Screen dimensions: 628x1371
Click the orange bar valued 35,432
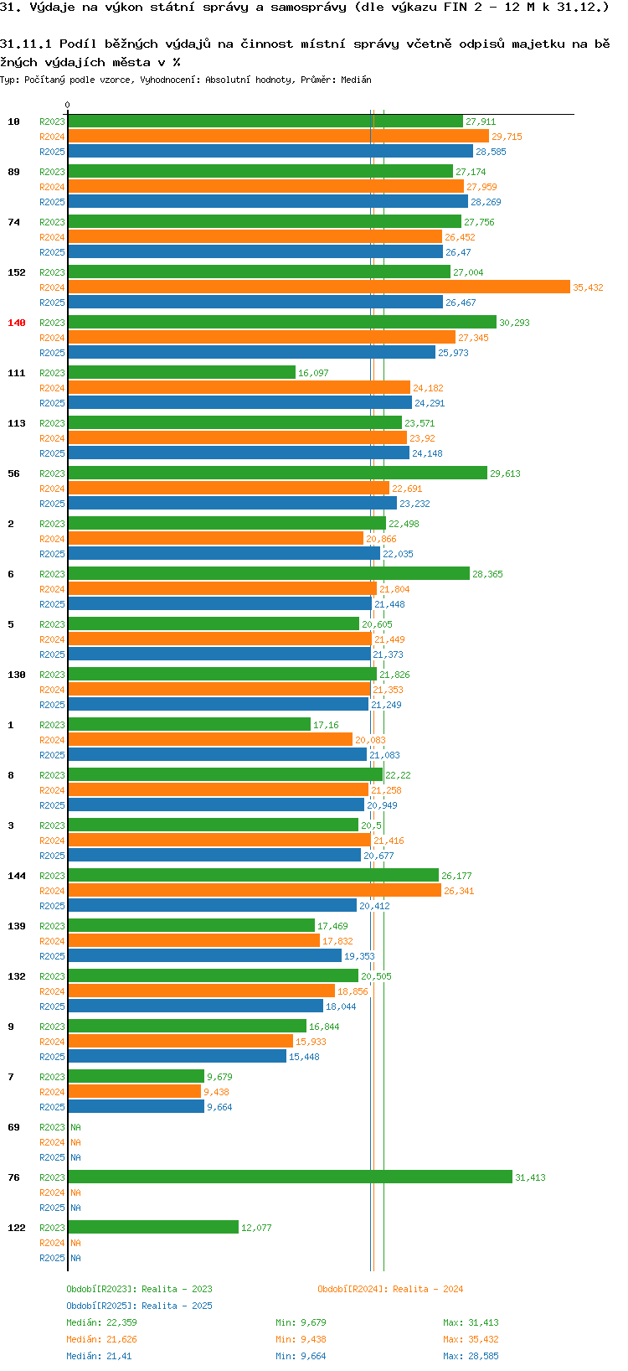click(318, 287)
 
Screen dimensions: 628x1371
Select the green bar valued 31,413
click(290, 1177)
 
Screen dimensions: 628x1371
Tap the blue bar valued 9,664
click(136, 1106)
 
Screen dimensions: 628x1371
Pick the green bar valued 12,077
click(153, 1227)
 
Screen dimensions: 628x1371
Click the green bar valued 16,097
click(182, 372)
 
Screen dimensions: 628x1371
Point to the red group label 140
click(17, 323)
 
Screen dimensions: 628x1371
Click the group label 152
click(17, 272)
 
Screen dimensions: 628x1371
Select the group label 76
click(13, 1177)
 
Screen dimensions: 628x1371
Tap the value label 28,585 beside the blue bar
click(491, 152)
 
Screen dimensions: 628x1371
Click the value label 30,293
click(514, 323)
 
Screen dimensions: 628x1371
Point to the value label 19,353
click(359, 956)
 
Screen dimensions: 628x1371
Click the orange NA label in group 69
click(76, 1142)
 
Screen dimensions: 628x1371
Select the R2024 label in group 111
click(52, 388)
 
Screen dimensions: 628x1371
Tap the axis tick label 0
click(67, 106)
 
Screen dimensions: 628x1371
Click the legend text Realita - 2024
click(428, 1289)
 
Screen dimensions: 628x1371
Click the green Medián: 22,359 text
click(101, 1322)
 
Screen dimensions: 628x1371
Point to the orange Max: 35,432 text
click(471, 1339)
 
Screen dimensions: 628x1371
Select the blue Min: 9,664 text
click(301, 1356)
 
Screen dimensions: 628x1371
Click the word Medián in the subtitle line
click(356, 80)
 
